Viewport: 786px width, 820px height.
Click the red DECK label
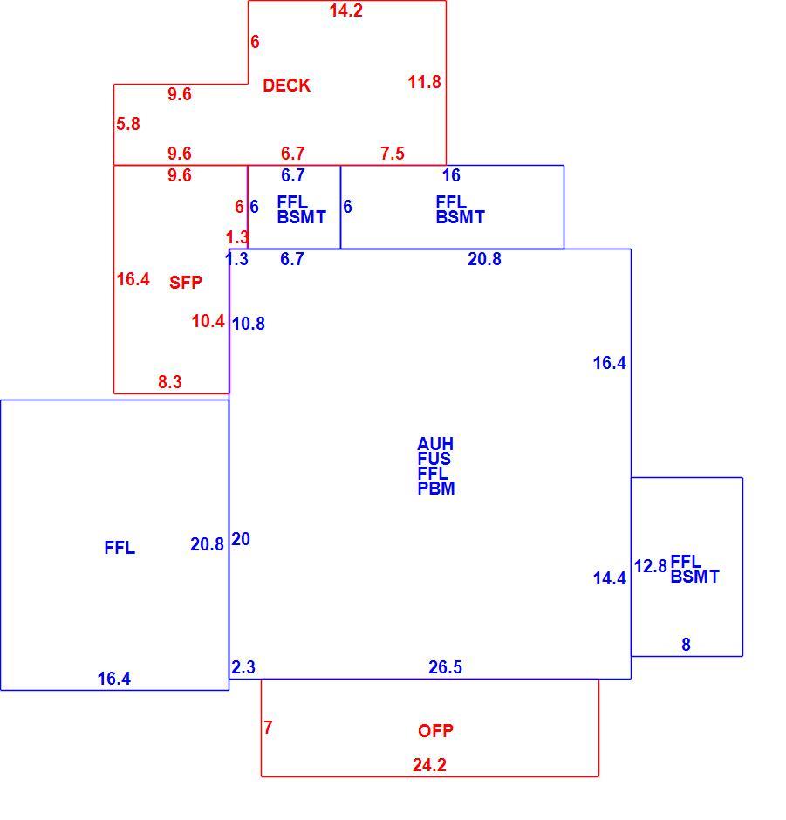[x=286, y=85]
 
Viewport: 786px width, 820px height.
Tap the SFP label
[x=186, y=283]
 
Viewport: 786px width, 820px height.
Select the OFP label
[x=435, y=730]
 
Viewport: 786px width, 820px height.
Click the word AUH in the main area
[x=435, y=444]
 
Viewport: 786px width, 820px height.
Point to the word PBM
[x=436, y=489]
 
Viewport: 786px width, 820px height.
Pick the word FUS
[x=434, y=459]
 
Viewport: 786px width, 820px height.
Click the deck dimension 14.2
[x=345, y=10]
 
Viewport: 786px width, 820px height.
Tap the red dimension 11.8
[x=424, y=82]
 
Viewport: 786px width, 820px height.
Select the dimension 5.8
[x=128, y=124]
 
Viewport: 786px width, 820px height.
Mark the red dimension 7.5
[x=393, y=154]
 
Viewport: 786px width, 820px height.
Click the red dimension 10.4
[x=208, y=321]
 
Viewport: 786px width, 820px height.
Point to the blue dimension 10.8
[x=249, y=324]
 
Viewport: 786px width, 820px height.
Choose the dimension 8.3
[x=170, y=382]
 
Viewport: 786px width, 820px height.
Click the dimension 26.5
[x=445, y=667]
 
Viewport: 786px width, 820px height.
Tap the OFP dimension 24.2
[x=429, y=765]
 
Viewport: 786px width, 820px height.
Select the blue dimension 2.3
[x=243, y=667]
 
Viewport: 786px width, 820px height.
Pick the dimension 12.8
[x=651, y=566]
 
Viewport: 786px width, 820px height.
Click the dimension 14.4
[x=609, y=578]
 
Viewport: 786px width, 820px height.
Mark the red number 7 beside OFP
[x=269, y=728]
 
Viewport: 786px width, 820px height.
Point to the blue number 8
[x=687, y=645]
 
